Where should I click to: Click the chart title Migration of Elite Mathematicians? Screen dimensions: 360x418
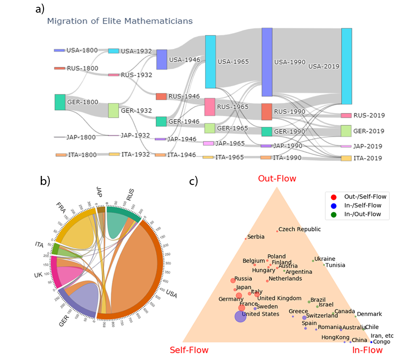coord(120,21)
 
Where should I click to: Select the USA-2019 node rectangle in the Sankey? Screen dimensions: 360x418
coord(346,66)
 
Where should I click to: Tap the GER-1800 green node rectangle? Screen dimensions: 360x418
coord(60,102)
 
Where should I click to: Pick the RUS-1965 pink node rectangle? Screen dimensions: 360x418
coord(210,107)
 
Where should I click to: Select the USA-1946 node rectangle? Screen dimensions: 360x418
coord(162,59)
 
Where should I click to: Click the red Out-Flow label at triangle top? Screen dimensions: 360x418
coord(277,179)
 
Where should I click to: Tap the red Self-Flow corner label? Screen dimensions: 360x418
coord(189,350)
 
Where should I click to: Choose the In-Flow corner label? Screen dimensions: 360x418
coord(367,350)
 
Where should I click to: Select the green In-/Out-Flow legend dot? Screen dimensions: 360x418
coord(333,214)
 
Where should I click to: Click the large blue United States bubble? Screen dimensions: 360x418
coord(240,316)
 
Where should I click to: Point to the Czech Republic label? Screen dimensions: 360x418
coord(299,229)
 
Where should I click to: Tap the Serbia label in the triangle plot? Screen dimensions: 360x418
coord(255,237)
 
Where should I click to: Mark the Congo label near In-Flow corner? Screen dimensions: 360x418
coord(381,342)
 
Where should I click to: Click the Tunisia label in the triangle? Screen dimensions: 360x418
coord(335,265)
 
